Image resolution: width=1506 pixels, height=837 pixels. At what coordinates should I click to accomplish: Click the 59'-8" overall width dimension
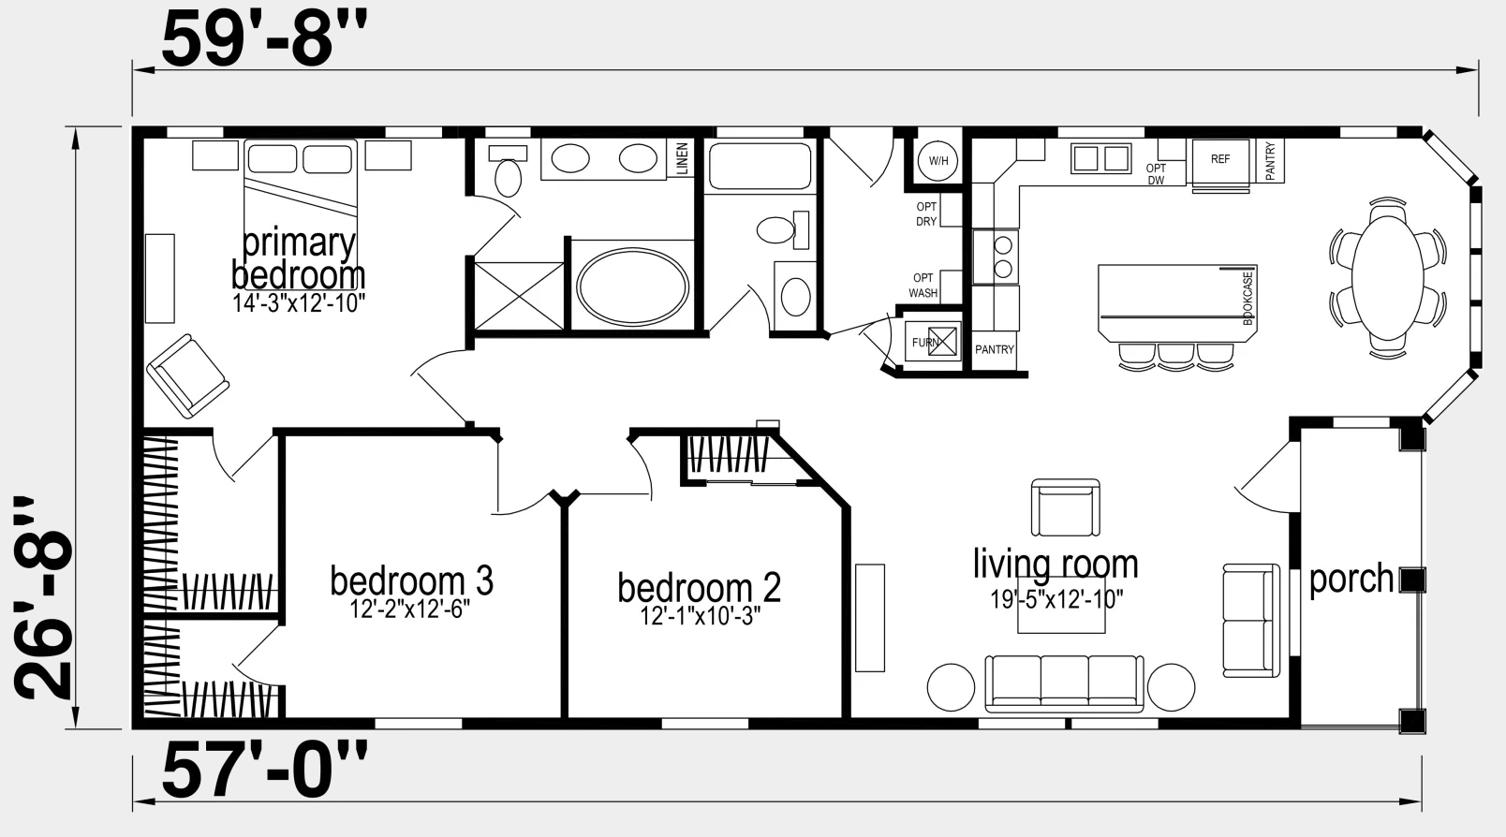tap(264, 39)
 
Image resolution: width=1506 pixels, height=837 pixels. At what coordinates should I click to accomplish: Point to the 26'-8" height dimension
tap(43, 598)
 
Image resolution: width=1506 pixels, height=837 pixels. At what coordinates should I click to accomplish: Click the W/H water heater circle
tap(938, 161)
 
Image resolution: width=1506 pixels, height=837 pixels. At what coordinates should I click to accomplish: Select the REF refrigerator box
tap(1220, 162)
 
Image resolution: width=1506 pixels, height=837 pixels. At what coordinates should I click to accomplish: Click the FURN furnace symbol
tap(933, 342)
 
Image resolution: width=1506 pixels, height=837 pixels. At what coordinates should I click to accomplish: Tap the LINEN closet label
tap(683, 158)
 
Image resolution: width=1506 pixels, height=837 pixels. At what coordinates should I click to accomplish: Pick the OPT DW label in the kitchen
tap(1156, 174)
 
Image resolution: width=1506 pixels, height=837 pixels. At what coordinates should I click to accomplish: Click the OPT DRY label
tap(925, 214)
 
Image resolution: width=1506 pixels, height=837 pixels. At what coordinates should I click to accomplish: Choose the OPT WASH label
tap(923, 286)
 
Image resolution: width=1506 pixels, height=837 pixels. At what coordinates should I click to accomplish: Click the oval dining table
tap(1387, 277)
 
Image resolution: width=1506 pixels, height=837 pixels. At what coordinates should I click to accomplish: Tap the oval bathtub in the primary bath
tap(633, 287)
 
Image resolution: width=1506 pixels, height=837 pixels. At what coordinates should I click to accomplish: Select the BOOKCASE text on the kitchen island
tap(1248, 299)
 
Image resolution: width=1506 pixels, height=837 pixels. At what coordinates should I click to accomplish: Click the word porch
tap(1351, 579)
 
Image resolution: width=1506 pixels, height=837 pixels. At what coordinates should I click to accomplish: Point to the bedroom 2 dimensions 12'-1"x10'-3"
tap(700, 616)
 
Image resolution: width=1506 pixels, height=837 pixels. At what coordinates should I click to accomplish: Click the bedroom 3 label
tap(411, 580)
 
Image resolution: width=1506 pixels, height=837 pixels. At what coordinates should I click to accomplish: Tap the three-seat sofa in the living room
tap(1064, 683)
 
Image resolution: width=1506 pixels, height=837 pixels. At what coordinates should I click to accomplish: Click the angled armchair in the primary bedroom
tap(187, 375)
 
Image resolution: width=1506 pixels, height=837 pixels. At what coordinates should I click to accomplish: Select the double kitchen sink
tap(1101, 158)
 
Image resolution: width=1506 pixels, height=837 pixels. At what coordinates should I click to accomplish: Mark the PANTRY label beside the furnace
tap(995, 349)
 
